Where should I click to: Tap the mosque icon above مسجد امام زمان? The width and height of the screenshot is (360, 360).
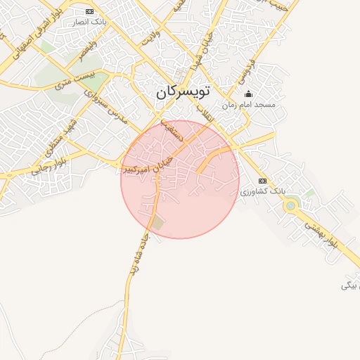pos(247,94)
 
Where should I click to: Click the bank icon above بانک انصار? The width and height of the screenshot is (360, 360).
pos(89,12)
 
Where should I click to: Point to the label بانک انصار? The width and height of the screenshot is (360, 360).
pos(89,22)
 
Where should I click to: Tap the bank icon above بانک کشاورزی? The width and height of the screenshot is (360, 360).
pos(262,181)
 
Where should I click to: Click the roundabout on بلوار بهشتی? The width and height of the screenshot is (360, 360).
pos(290,206)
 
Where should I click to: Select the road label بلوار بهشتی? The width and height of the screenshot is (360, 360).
pos(322,234)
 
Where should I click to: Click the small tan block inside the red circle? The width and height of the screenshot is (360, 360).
pos(158,224)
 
